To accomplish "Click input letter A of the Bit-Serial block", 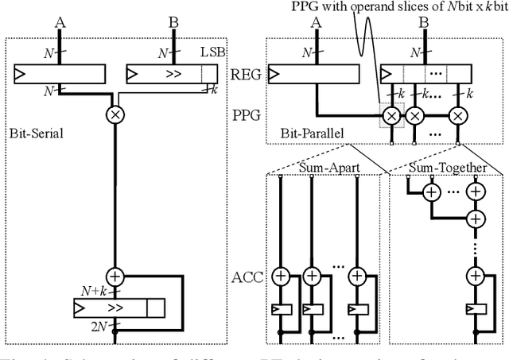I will (59, 23).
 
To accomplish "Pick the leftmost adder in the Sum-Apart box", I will (281, 277).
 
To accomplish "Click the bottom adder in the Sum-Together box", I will (475, 277).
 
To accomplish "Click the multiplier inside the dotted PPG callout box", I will (390, 115).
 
